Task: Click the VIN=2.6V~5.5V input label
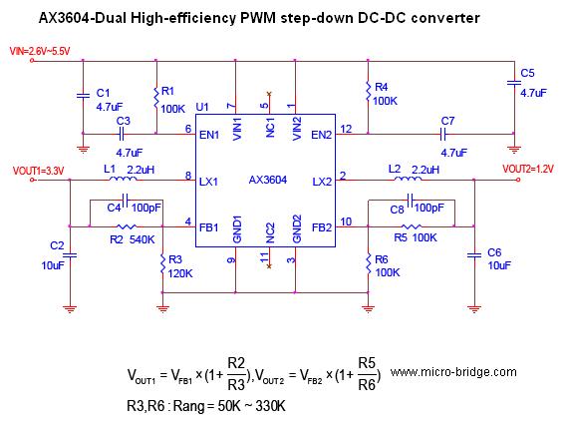point(40,51)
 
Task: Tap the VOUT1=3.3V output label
point(38,171)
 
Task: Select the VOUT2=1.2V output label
point(528,169)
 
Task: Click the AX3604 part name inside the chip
point(268,180)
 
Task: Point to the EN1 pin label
point(209,135)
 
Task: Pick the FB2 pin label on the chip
point(322,227)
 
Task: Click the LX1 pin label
point(208,182)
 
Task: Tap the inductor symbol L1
point(123,179)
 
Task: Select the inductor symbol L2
point(408,179)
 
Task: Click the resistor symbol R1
point(156,97)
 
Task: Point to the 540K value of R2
point(142,239)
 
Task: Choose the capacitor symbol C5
point(514,83)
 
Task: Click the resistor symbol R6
point(368,264)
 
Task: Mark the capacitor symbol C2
point(70,255)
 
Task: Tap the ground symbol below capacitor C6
point(474,308)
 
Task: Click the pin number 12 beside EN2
point(346,129)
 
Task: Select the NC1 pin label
point(270,128)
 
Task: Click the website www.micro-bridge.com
point(453,372)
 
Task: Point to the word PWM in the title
point(258,18)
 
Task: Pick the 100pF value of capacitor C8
point(428,208)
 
